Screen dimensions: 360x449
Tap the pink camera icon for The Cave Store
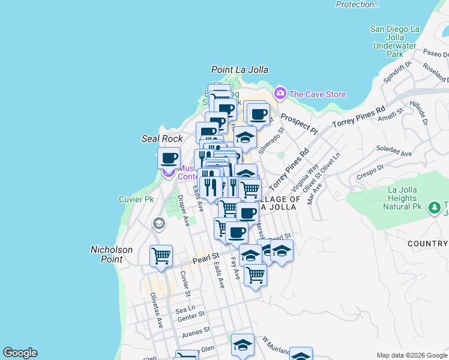click(280, 94)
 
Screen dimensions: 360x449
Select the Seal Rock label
click(161, 139)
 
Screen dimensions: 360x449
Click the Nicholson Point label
click(107, 254)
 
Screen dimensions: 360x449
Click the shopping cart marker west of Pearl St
click(161, 256)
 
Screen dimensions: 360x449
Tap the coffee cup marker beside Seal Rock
click(169, 158)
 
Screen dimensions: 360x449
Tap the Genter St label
click(191, 313)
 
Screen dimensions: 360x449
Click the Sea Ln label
click(182, 310)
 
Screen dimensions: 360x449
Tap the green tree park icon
click(434, 208)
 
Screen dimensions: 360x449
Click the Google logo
click(20, 353)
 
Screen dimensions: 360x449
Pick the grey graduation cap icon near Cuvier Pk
click(158, 224)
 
